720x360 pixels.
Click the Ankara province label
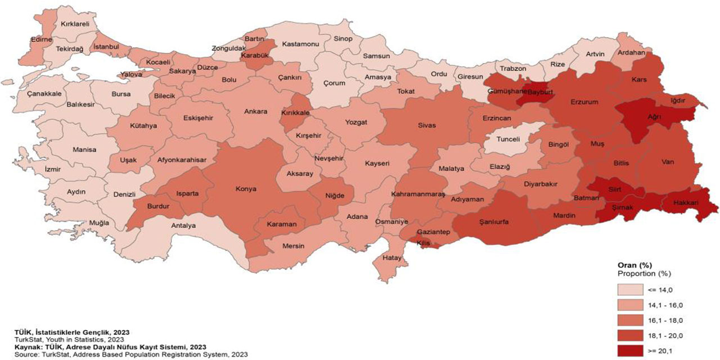coord(255,111)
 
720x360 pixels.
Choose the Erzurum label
coord(585,102)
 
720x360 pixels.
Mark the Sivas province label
coord(426,125)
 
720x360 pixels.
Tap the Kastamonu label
coord(300,44)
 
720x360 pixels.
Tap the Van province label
coord(668,162)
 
